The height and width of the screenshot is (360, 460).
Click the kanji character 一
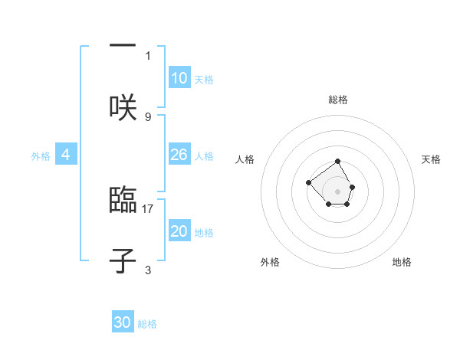coord(123,47)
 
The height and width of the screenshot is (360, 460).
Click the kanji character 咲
coord(123,108)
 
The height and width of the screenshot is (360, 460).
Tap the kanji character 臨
coord(123,200)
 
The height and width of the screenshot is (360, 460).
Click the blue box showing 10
coord(179,78)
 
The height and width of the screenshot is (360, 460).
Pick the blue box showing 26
coord(179,155)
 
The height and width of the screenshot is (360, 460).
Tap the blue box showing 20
coord(179,231)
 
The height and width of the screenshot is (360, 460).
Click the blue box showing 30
coord(123,322)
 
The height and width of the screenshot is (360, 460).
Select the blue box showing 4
coord(66,155)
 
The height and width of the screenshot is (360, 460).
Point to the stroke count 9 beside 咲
coord(148,116)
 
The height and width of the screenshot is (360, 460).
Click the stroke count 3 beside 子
coord(148,270)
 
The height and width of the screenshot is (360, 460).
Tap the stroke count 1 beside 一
coord(148,55)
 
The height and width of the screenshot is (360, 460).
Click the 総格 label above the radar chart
coord(338,100)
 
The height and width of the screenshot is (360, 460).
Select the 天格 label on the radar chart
coord(431,159)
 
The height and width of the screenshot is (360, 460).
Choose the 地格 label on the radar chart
coord(402,262)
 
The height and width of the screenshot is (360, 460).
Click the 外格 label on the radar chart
coord(270,262)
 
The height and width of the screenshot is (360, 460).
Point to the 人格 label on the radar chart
coord(245,159)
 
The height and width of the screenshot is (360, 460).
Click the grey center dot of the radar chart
coord(338,191)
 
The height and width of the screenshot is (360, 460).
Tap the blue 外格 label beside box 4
coord(41,155)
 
